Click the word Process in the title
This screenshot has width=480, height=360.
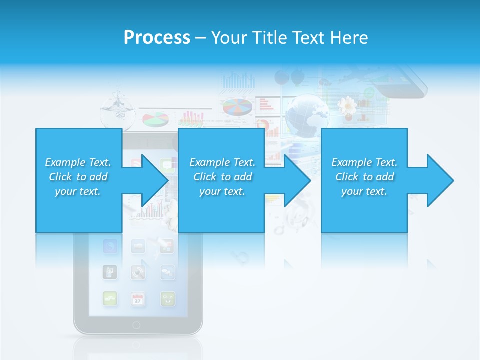coord(157,38)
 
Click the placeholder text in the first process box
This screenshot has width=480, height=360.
coord(78,177)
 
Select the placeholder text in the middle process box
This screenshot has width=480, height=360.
coord(222,177)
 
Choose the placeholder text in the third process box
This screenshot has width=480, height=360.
coord(364,177)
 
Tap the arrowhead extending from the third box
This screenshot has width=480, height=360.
coord(439,180)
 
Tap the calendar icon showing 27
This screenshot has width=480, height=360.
coord(138,299)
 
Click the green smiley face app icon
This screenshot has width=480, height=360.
coord(167,299)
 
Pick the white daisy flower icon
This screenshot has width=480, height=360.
coord(347,106)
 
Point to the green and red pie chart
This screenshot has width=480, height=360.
coord(155,119)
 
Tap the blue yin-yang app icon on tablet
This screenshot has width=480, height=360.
coord(110,246)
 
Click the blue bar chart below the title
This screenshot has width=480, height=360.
coord(238,81)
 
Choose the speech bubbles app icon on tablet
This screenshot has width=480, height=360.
coord(167,272)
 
